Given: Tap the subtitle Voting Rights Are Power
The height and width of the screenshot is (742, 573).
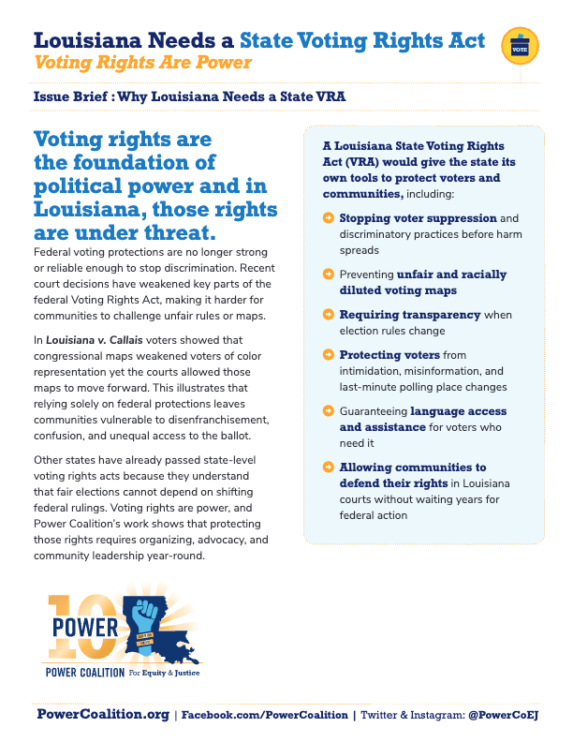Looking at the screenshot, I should (x=142, y=63).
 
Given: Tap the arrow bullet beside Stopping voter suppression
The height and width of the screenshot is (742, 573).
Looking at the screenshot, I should (x=328, y=218).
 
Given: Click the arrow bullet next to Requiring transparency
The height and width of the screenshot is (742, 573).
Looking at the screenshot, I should (x=328, y=315).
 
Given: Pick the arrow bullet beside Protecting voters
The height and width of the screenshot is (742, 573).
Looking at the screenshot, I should (x=328, y=355).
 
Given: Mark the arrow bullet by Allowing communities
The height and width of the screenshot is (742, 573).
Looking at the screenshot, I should (x=328, y=467).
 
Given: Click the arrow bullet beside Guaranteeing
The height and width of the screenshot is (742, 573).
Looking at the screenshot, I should (x=328, y=411).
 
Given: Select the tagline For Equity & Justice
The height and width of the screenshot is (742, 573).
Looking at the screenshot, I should (x=164, y=673).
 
